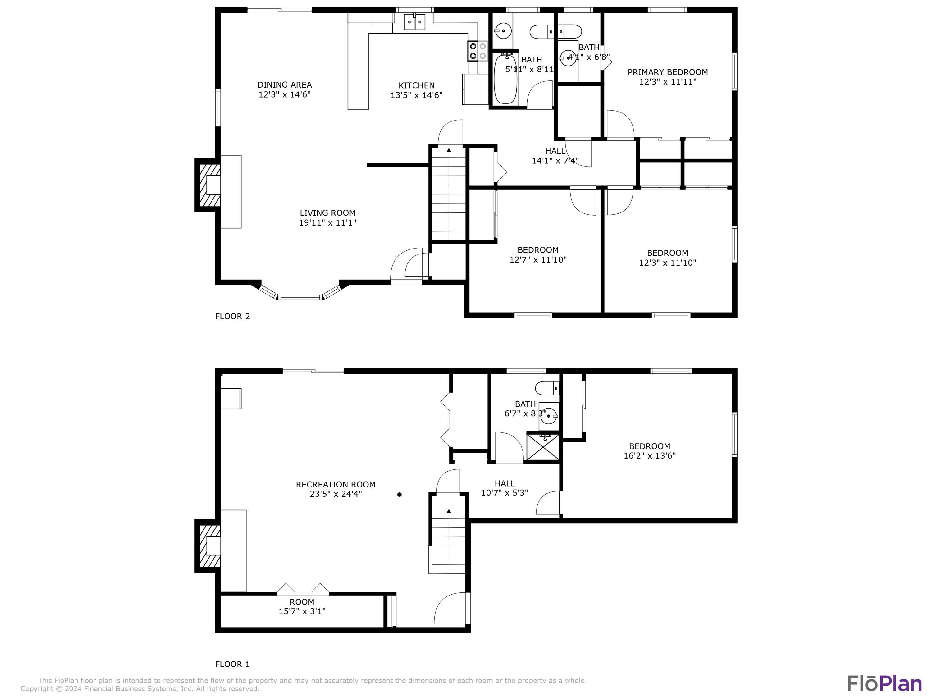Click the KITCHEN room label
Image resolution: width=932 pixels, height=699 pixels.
tap(416, 85)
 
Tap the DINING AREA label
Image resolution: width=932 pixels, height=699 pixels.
tap(284, 85)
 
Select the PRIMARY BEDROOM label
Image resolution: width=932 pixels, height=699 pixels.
tap(667, 72)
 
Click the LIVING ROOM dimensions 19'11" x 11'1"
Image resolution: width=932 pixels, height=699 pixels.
tap(327, 223)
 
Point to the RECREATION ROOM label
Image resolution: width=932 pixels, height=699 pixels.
tap(336, 485)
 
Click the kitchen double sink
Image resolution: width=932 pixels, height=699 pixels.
tap(415, 22)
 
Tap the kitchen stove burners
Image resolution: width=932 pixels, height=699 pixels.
tap(477, 51)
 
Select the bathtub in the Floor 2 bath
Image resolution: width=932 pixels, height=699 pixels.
tap(505, 79)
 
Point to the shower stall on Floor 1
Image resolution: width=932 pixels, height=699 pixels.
tap(543, 447)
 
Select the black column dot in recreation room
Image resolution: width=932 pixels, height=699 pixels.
tap(399, 495)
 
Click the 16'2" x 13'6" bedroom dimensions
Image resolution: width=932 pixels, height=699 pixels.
tap(649, 455)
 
